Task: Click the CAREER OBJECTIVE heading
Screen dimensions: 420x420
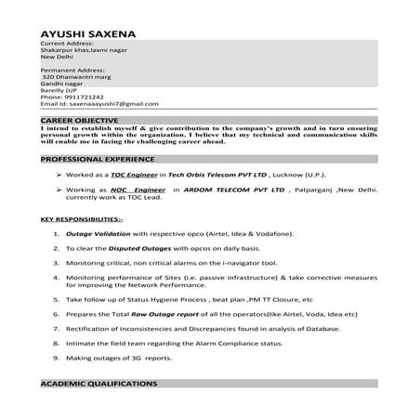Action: coord(79,121)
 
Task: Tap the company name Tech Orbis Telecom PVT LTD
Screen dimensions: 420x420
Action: coord(212,175)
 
